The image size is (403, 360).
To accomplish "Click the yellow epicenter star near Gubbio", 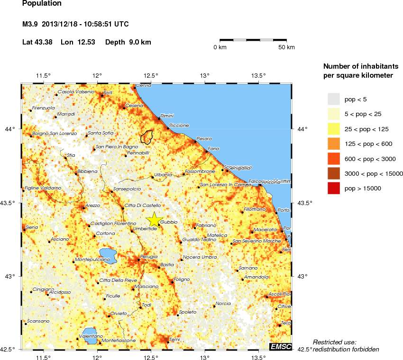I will (x=154, y=220).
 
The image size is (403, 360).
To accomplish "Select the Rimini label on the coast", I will (x=167, y=116).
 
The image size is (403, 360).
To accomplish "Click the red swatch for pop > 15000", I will (x=334, y=188).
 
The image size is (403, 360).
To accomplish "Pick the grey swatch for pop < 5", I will (x=334, y=99).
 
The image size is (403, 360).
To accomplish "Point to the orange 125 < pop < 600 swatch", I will (x=334, y=144).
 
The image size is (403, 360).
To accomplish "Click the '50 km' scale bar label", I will (x=286, y=47).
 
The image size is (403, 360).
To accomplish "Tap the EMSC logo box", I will (x=280, y=347).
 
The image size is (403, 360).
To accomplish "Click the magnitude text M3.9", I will (x=31, y=24).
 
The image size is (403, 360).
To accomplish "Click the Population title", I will (x=42, y=4).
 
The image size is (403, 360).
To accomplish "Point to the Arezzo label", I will (x=92, y=205).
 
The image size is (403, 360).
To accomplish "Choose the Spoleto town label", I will (x=188, y=311).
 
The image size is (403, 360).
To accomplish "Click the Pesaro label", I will (x=204, y=138).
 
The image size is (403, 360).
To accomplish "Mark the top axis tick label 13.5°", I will (x=258, y=75).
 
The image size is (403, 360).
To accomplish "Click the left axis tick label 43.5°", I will (x=10, y=203).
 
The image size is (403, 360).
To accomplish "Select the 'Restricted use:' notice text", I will (x=335, y=342).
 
